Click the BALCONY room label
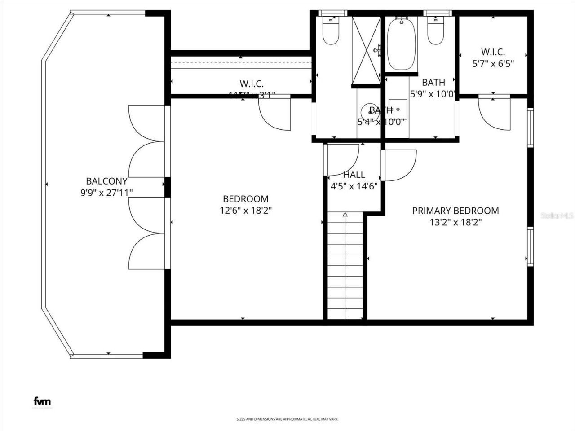(106, 181)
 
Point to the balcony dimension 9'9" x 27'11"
(106, 193)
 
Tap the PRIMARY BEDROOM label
(455, 211)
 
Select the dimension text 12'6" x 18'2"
(246, 210)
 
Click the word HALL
(354, 175)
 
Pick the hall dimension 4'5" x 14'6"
(354, 186)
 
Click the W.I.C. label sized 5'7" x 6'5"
(493, 52)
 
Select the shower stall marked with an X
(366, 50)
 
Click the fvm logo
(42, 401)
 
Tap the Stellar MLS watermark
(557, 216)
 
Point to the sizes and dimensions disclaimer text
(287, 419)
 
